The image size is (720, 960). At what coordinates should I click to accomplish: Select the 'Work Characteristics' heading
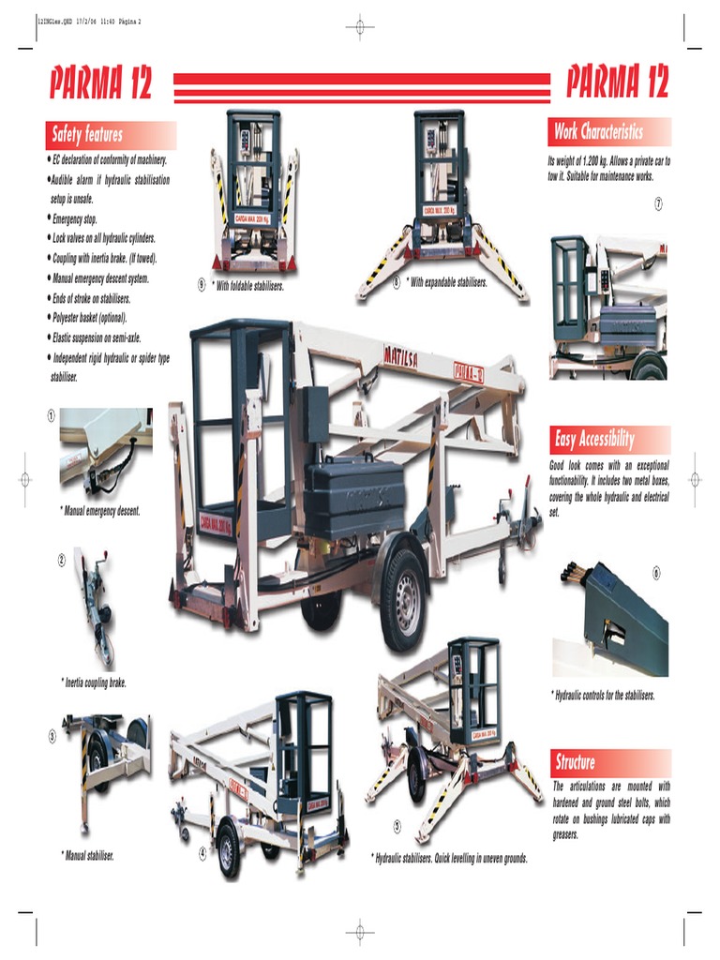(x=598, y=131)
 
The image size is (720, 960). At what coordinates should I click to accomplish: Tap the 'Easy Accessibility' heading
(x=594, y=439)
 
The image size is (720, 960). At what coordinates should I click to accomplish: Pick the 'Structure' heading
(x=575, y=762)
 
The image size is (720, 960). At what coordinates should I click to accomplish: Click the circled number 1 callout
(x=51, y=415)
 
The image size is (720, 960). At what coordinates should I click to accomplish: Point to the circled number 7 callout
(x=659, y=204)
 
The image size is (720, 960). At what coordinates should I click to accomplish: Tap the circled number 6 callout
(x=656, y=573)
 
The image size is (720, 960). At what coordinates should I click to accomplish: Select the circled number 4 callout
(x=202, y=853)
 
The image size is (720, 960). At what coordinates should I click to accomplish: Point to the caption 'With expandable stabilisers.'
(x=446, y=281)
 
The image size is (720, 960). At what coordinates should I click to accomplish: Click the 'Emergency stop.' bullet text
(x=74, y=218)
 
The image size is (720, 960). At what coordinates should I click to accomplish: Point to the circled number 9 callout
(x=202, y=285)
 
